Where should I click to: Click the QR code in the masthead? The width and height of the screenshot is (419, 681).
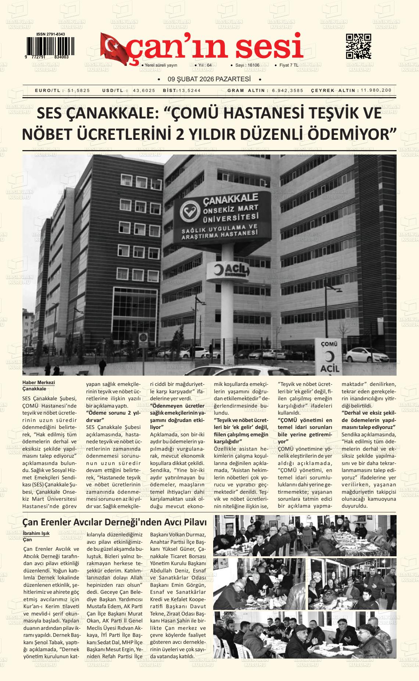(358, 46)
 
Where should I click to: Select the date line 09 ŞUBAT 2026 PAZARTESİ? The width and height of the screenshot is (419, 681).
(209, 79)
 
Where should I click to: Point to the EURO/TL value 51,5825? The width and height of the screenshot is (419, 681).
(79, 91)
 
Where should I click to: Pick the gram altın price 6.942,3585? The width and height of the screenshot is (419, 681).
(288, 91)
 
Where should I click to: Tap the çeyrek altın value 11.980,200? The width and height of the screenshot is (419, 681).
(376, 91)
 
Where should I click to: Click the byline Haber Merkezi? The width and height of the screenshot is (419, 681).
(39, 383)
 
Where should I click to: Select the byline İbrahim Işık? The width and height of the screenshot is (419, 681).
(36, 533)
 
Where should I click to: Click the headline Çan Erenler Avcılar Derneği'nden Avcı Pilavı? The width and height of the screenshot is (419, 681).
(114, 522)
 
